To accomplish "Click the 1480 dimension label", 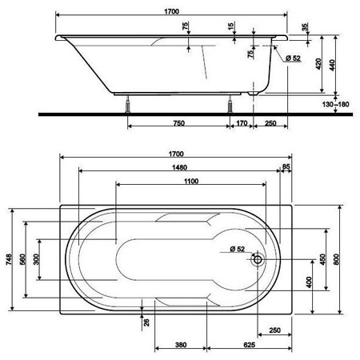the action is (x=179, y=167).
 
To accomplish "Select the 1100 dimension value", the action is (x=191, y=182).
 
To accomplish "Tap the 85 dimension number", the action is (x=286, y=166).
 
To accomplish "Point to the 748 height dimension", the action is (x=9, y=259).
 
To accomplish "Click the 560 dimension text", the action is (x=22, y=259).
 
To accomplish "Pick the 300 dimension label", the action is (x=36, y=259).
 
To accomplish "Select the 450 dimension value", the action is (x=322, y=259).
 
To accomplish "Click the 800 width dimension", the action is (x=336, y=259).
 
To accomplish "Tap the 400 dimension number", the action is (x=309, y=282).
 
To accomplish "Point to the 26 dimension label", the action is (x=146, y=322).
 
